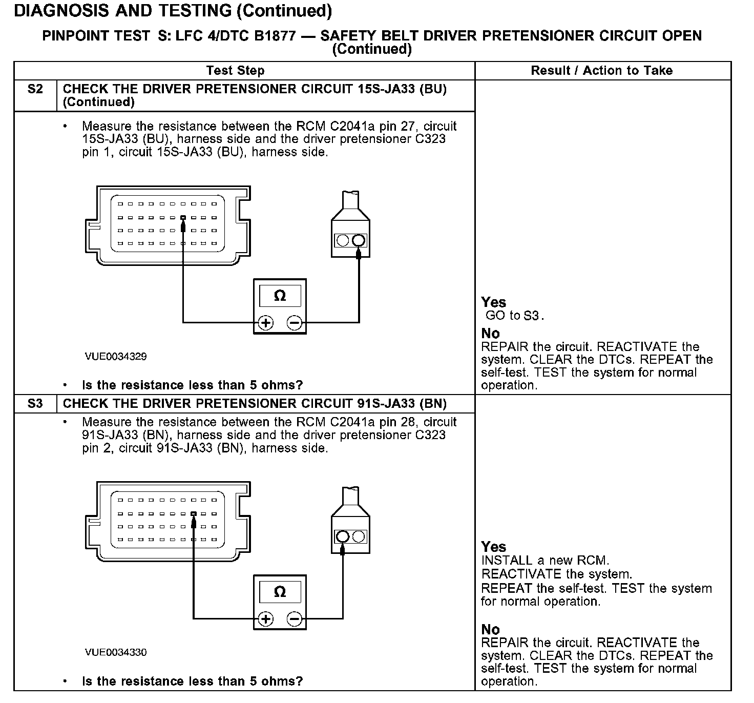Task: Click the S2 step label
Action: coord(35,89)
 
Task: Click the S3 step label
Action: coord(35,404)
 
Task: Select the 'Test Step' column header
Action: coord(235,71)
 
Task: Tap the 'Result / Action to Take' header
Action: coord(601,71)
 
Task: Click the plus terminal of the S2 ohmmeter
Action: coord(265,323)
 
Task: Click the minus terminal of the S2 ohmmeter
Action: coord(295,323)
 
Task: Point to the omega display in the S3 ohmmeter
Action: coord(280,592)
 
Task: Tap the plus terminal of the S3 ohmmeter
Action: coord(265,619)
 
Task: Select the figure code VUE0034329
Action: coord(116,357)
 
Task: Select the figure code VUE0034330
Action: coord(116,652)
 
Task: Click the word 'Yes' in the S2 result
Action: coord(493,302)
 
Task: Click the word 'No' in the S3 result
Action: coord(490,629)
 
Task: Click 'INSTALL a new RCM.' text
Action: coord(545,561)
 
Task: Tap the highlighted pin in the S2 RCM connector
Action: coord(183,217)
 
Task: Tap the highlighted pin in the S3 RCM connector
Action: coord(194,513)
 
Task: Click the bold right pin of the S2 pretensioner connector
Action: coord(359,240)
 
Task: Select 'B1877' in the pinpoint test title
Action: coord(271,36)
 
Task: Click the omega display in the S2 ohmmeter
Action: coord(280,296)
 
